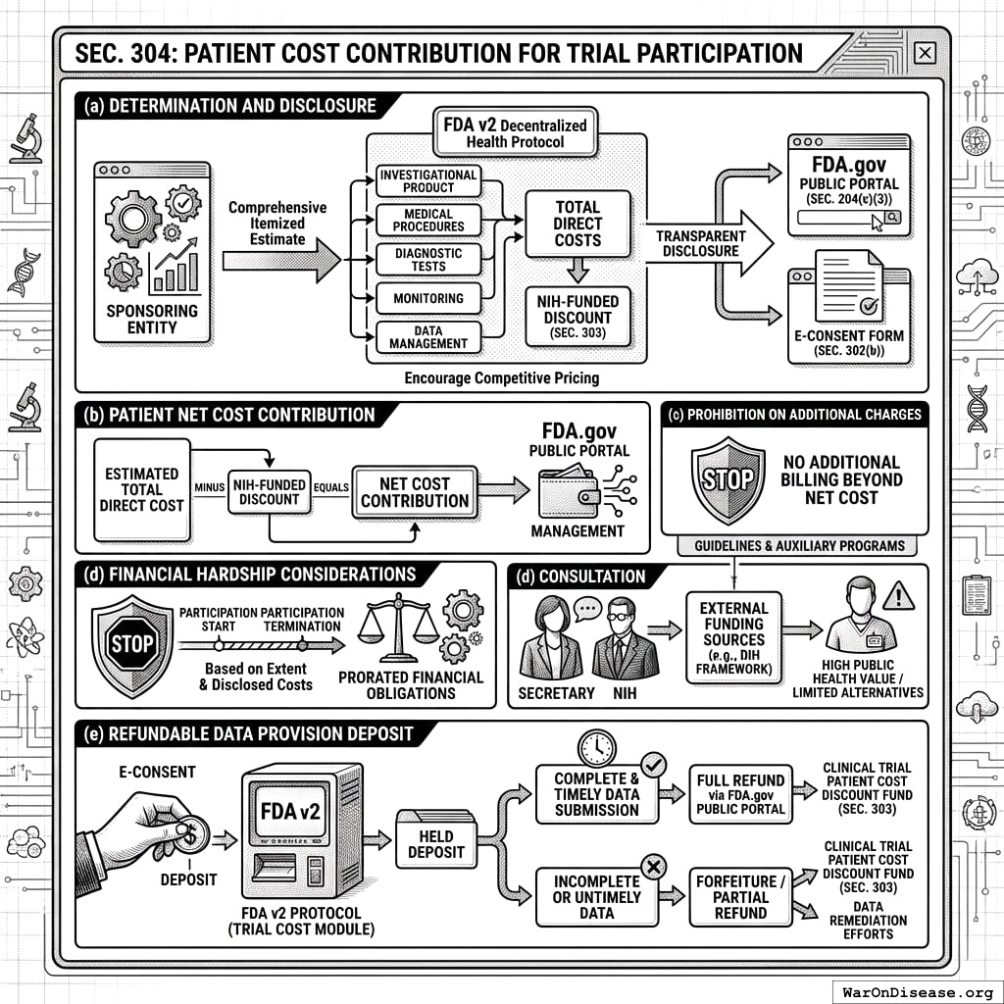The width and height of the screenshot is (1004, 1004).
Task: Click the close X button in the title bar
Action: pos(924,54)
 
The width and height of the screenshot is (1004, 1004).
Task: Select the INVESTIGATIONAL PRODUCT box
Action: pos(428,180)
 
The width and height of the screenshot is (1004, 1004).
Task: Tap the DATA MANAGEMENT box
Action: pos(428,336)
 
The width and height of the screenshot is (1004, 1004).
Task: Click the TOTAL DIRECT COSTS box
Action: pos(577,223)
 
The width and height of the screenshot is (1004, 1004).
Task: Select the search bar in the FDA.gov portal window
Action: pos(840,221)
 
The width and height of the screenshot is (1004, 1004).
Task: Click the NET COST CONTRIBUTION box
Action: pos(415,492)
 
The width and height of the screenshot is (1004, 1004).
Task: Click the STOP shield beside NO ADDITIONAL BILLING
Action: pos(728,479)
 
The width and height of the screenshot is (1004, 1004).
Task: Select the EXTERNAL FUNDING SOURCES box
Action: pos(733,639)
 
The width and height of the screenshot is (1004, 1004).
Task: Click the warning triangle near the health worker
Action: pos(898,594)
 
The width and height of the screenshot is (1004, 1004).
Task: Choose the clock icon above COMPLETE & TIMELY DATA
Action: pos(596,746)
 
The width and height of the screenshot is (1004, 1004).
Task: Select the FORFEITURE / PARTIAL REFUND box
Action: pos(740,896)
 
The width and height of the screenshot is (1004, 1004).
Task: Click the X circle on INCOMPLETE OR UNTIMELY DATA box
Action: pos(652,865)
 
